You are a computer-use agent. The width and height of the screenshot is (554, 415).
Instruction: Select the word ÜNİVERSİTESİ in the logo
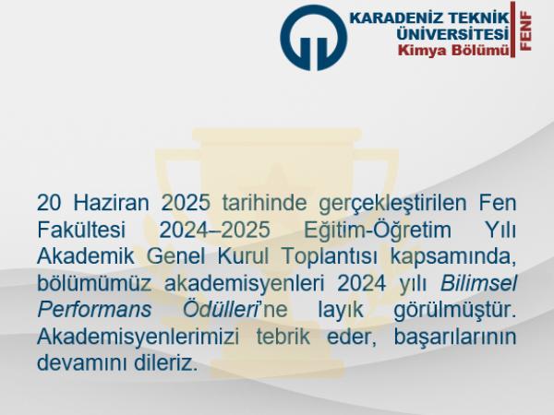(452, 34)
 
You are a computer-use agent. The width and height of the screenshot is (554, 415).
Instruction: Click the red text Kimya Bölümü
(454, 50)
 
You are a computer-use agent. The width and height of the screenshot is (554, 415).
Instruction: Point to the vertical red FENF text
(526, 31)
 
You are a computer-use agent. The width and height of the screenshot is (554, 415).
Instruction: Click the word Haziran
(111, 203)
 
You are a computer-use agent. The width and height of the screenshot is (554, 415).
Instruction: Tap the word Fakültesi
(81, 230)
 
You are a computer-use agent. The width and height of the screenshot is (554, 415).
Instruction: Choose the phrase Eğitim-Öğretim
(378, 230)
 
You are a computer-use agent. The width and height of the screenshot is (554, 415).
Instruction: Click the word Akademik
(86, 256)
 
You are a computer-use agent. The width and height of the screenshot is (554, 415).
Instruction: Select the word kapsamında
(453, 257)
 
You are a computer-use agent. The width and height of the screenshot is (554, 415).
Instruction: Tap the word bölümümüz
(94, 283)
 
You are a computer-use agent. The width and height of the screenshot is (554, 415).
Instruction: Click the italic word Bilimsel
(478, 283)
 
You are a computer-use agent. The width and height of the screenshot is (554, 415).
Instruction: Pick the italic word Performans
(94, 311)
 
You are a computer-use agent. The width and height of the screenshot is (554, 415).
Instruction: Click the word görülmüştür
(455, 311)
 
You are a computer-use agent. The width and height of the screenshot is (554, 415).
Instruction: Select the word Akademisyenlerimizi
(138, 338)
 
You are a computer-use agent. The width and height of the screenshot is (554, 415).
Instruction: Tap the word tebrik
(283, 337)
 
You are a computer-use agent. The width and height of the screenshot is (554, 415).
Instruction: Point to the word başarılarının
(455, 338)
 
